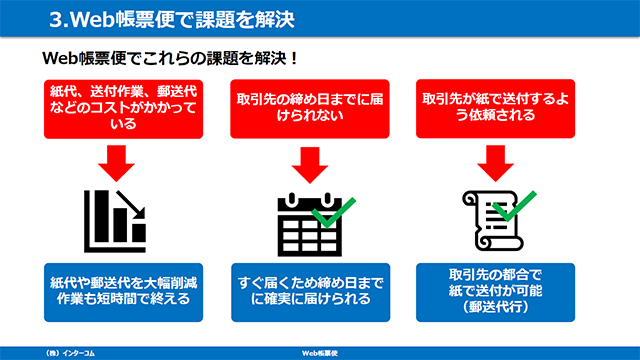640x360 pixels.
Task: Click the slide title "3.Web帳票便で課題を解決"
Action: (x=171, y=19)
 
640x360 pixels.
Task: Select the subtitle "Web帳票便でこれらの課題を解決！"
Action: (x=171, y=58)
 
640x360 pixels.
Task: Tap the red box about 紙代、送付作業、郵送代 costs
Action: (x=123, y=109)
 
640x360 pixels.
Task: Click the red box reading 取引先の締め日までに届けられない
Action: (x=310, y=109)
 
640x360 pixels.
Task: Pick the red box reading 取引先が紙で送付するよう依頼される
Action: (x=496, y=109)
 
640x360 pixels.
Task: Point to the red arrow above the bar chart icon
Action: (x=116, y=163)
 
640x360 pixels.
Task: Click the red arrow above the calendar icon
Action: (x=310, y=165)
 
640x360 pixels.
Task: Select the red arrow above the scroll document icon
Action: (x=496, y=163)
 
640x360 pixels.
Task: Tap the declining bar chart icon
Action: (x=115, y=221)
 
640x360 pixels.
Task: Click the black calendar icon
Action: (x=309, y=224)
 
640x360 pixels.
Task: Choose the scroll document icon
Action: (x=493, y=220)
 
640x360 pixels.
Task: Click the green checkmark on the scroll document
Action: (x=514, y=207)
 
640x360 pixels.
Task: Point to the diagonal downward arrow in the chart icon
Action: (x=131, y=205)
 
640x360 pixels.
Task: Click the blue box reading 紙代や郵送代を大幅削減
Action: (x=123, y=292)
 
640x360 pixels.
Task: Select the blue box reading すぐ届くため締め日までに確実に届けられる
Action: (x=311, y=292)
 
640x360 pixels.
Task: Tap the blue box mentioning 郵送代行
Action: (x=496, y=292)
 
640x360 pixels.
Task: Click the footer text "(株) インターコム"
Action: (x=70, y=353)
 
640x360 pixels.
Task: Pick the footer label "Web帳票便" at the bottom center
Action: (x=320, y=353)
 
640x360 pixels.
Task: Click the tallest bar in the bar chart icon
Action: (x=102, y=216)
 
